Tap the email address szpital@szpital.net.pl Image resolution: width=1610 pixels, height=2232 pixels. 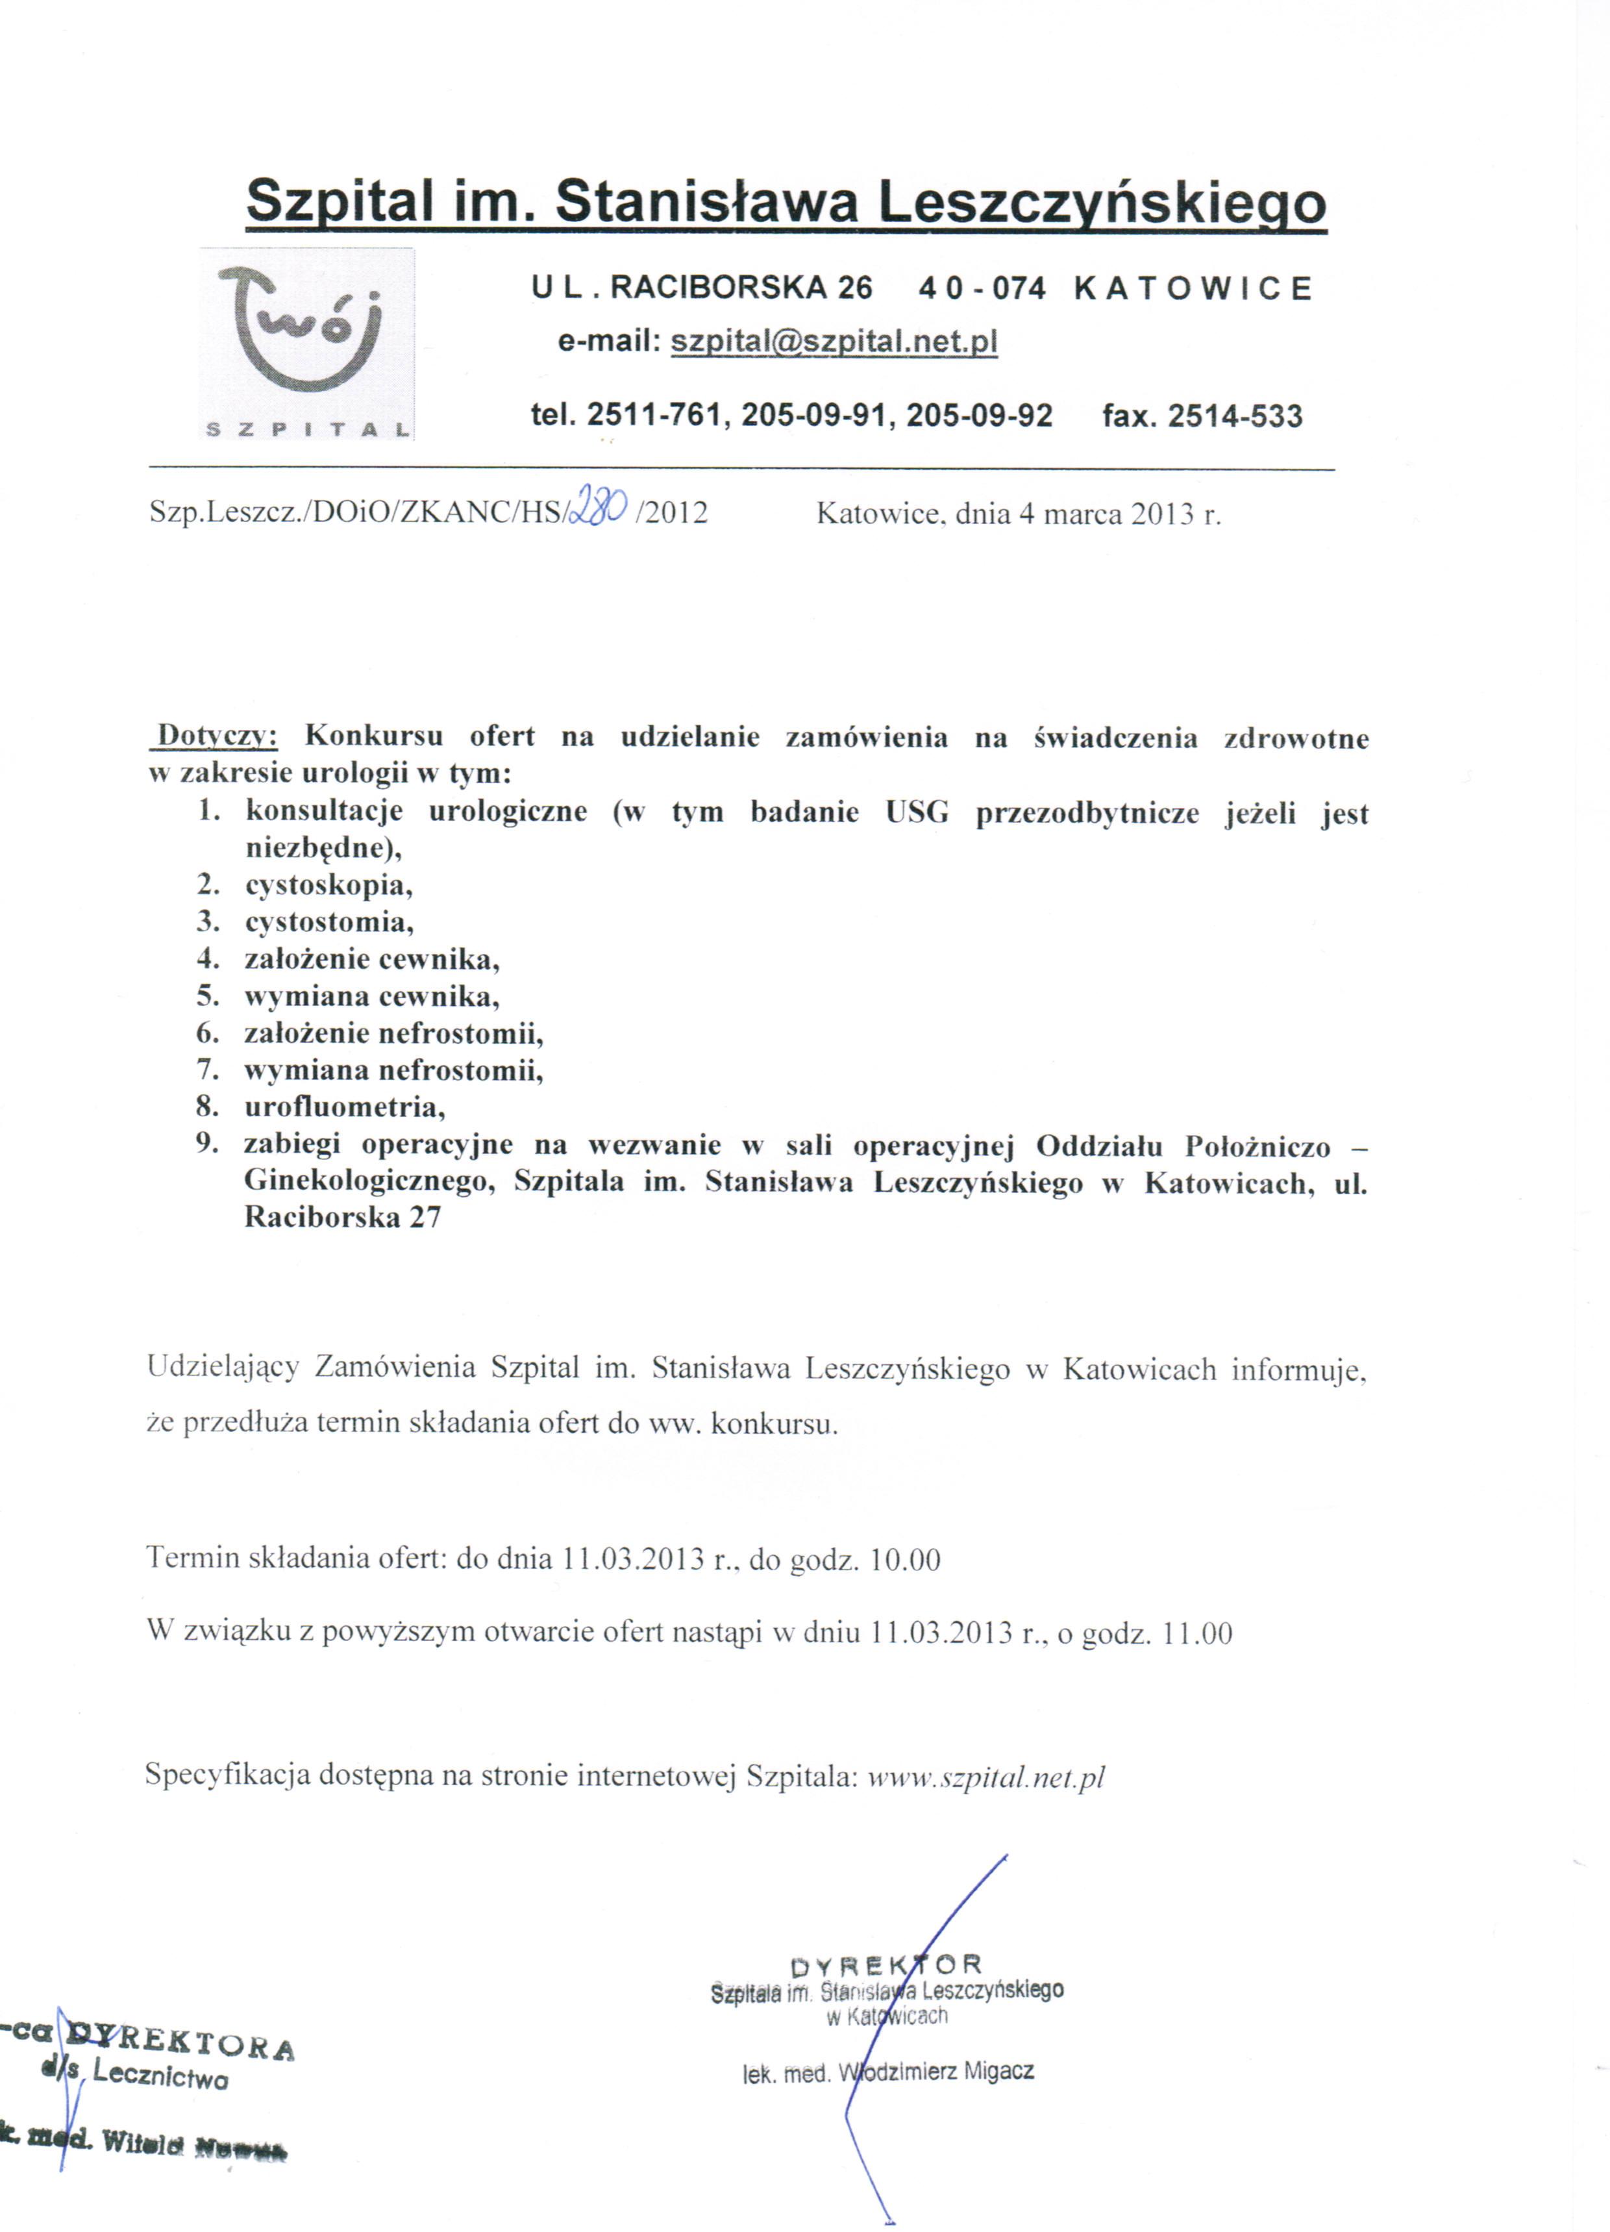click(x=834, y=342)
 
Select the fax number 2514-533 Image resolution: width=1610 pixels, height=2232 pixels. click(x=1234, y=416)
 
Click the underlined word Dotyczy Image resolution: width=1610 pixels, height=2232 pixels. click(x=219, y=736)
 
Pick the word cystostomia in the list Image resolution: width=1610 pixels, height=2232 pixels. click(x=328, y=922)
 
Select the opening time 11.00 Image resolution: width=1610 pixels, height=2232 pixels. click(x=1196, y=1634)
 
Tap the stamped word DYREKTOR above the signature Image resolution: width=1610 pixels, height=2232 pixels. click(x=885, y=1965)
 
